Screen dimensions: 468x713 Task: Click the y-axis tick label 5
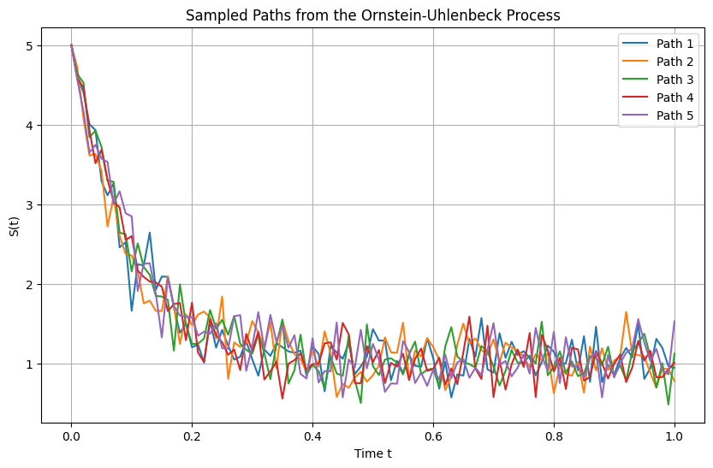tap(28, 46)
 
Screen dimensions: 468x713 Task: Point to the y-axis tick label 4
tap(28, 126)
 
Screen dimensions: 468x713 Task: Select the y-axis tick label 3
tap(28, 205)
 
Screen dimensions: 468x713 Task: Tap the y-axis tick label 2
tap(28, 285)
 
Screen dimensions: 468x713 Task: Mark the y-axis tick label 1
tap(28, 364)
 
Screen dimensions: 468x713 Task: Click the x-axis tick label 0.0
tap(71, 435)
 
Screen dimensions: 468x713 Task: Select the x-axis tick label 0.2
tap(192, 435)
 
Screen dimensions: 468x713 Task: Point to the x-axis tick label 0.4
tap(312, 435)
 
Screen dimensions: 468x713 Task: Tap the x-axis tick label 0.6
tap(433, 435)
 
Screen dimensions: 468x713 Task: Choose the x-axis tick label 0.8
tap(554, 435)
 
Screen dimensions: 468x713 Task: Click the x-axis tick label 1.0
tap(674, 435)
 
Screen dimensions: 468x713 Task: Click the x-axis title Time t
tap(372, 453)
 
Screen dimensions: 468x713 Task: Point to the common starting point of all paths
tap(71, 45)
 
